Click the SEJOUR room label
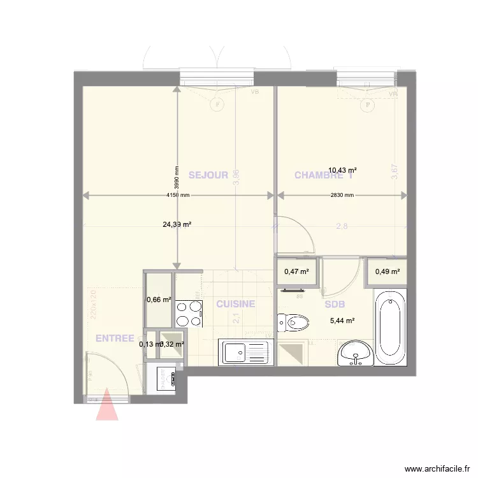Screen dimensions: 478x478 tap(208, 175)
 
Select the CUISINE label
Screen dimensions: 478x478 tap(236, 304)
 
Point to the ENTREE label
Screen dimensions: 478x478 tap(115, 338)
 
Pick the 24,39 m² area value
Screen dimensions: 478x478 tap(178, 224)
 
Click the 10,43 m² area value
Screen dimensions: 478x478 tap(342, 170)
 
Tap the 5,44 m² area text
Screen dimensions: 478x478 tap(342, 321)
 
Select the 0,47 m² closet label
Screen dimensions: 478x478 tap(296, 272)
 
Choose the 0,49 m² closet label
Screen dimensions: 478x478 tap(387, 272)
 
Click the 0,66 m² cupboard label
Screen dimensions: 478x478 tap(159, 300)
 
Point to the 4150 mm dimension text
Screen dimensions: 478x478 tap(178, 196)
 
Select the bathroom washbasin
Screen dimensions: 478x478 tap(356, 354)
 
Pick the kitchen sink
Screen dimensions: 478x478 tap(246, 352)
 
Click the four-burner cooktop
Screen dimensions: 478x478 tap(189, 313)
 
